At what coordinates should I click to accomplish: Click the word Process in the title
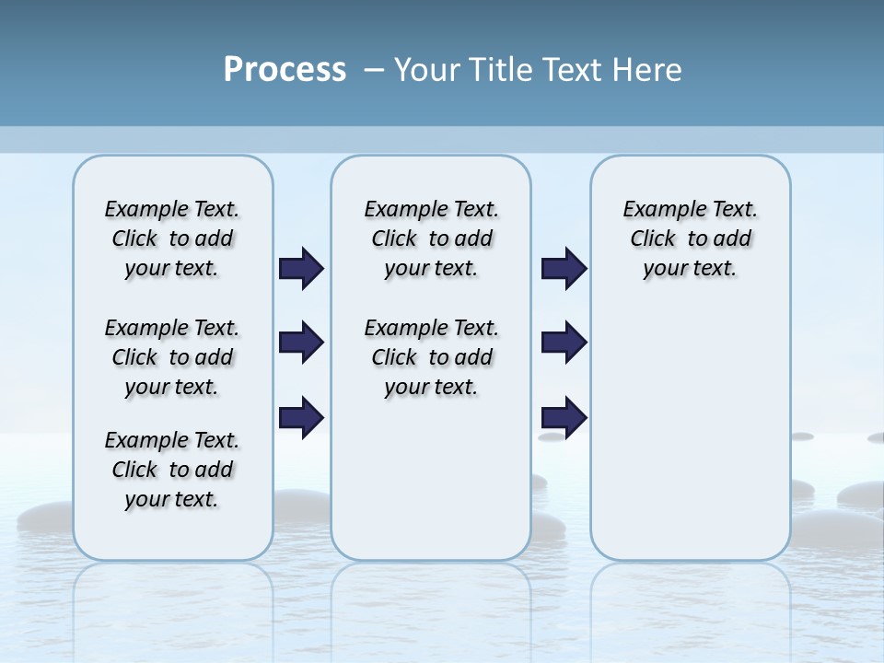point(285,70)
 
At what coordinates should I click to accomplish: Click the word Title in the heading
point(498,70)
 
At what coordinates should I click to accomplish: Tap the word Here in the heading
point(647,70)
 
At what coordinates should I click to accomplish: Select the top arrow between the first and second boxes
point(301,269)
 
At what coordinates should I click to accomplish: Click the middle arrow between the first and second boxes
point(301,343)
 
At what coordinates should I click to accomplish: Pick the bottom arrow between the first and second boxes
point(301,417)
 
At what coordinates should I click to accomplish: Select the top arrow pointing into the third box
point(564,269)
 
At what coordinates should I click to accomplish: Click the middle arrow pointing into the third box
point(564,343)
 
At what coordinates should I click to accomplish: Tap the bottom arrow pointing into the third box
point(564,417)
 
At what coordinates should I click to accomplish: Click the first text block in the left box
point(172,238)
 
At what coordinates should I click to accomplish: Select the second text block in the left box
point(172,357)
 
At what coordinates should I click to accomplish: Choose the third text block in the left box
point(172,470)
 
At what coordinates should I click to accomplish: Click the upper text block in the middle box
point(431,238)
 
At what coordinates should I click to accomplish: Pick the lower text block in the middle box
point(431,357)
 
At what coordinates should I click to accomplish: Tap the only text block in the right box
point(690,238)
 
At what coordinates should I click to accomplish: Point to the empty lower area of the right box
point(690,433)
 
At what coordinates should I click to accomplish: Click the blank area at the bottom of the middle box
point(431,488)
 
